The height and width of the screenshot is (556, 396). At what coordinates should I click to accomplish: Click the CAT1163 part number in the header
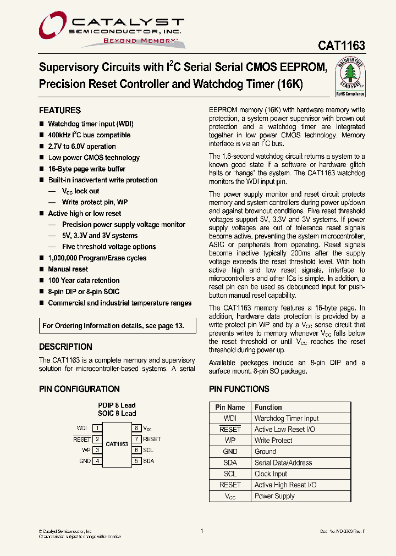pyautogui.click(x=341, y=47)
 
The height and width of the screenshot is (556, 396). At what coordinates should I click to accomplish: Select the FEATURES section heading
pyautogui.click(x=60, y=110)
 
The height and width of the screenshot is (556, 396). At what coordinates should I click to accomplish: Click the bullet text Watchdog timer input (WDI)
pyautogui.click(x=91, y=124)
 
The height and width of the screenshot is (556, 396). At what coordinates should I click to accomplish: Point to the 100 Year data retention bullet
pyautogui.click(x=84, y=280)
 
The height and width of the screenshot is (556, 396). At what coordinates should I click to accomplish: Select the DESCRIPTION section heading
pyautogui.click(x=65, y=347)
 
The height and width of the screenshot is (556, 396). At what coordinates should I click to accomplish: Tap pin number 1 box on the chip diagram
pyautogui.click(x=97, y=428)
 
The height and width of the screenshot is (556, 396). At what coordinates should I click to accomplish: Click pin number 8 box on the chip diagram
pyautogui.click(x=136, y=428)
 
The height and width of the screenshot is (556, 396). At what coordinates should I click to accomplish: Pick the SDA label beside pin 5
pyautogui.click(x=148, y=461)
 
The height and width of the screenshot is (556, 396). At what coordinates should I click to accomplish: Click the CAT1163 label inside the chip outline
pyautogui.click(x=117, y=444)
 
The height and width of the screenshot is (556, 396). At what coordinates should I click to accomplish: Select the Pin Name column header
pyautogui.click(x=230, y=408)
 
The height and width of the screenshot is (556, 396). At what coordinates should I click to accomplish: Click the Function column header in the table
pyautogui.click(x=268, y=408)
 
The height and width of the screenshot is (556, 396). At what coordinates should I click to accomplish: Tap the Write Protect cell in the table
pyautogui.click(x=273, y=441)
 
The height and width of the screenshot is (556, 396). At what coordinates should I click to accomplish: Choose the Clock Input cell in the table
pyautogui.click(x=271, y=474)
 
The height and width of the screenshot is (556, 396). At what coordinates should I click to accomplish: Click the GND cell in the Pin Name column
pyautogui.click(x=230, y=452)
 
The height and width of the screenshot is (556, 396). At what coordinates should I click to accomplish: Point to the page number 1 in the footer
pyautogui.click(x=202, y=531)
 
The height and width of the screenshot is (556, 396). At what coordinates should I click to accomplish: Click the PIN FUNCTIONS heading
pyautogui.click(x=239, y=389)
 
